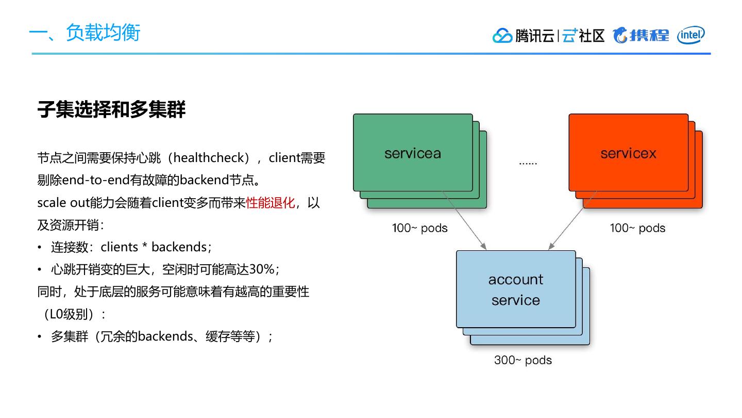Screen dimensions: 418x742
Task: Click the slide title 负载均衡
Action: tap(103, 33)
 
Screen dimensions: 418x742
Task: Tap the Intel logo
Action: tap(691, 35)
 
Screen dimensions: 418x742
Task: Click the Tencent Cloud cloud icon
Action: tap(502, 36)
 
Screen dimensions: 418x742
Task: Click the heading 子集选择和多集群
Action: tap(111, 109)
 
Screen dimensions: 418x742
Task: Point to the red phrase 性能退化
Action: tap(271, 203)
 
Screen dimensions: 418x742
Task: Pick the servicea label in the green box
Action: tap(412, 153)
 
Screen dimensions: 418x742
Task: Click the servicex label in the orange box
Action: tap(628, 153)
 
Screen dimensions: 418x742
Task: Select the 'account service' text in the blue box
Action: tap(515, 290)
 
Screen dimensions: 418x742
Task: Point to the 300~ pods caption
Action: tap(522, 360)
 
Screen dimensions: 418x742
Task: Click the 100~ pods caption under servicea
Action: tap(419, 228)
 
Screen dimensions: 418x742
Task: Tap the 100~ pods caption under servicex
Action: tap(637, 228)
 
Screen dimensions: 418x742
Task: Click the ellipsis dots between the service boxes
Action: tap(528, 163)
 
